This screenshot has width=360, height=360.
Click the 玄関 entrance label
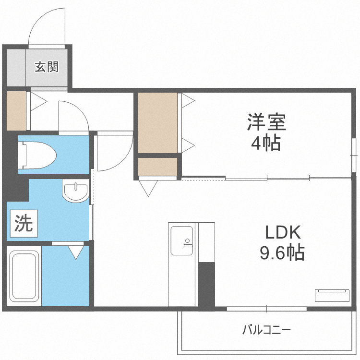click(46, 67)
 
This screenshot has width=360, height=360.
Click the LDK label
click(283, 233)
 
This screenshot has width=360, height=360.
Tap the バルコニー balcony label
click(266, 330)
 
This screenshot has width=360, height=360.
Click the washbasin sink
click(75, 192)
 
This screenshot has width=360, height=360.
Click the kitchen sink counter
click(182, 264)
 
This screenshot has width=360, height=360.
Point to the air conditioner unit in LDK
click(332, 295)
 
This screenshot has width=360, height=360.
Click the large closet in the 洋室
click(157, 122)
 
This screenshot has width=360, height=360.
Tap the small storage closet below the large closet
click(157, 167)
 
